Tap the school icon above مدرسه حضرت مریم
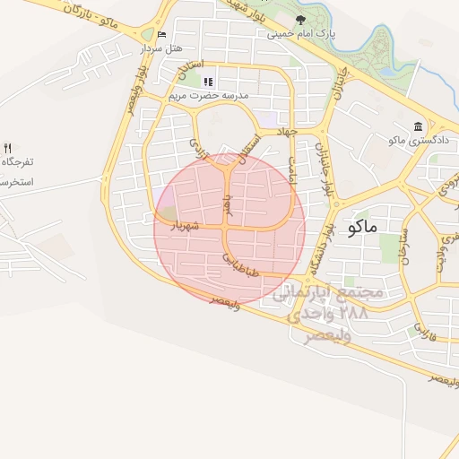pos(208,82)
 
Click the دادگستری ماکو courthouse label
pos(417,141)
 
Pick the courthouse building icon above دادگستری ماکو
pos(417,126)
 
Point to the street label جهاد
pos(287,132)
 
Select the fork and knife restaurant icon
pos(8,147)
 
